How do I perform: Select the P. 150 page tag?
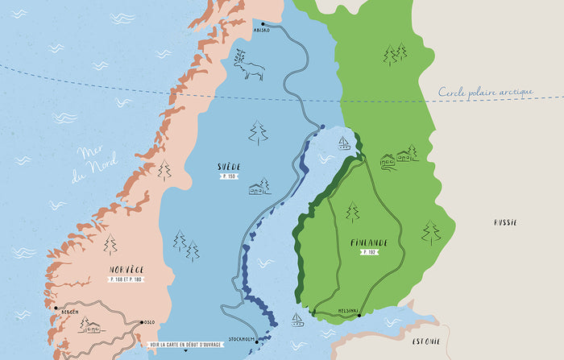[230, 176]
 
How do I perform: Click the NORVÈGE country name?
[126, 269]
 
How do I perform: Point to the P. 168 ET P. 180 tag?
[126, 279]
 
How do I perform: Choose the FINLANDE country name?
[369, 242]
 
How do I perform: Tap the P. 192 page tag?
[369, 252]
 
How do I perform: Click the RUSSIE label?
[505, 222]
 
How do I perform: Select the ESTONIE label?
[426, 341]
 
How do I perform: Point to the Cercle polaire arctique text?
[485, 93]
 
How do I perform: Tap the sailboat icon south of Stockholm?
[298, 320]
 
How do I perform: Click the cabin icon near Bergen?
[88, 325]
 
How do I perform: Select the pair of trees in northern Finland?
[395, 54]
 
